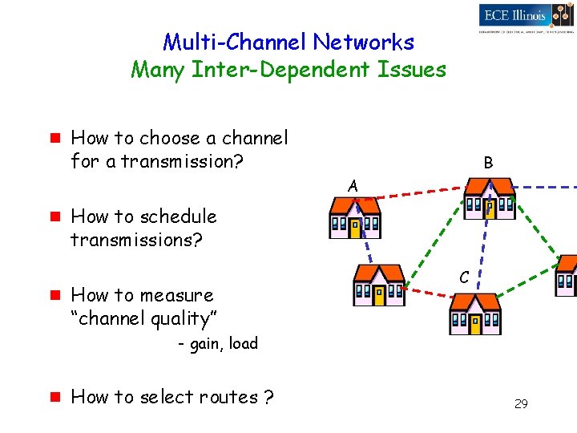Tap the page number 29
(521, 404)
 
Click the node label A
(353, 186)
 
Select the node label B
(488, 163)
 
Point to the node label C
(464, 277)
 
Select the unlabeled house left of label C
(379, 285)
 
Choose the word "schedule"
(177, 216)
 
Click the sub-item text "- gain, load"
(218, 344)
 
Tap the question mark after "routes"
(269, 397)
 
